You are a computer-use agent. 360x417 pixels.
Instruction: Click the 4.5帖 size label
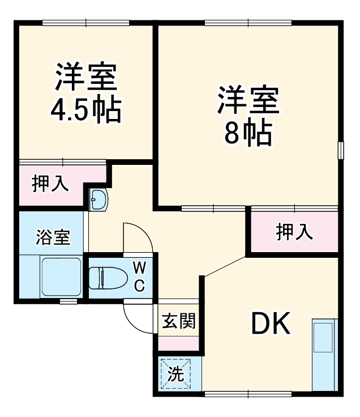pyautogui.click(x=86, y=111)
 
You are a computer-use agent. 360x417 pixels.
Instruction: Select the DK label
pyautogui.click(x=271, y=324)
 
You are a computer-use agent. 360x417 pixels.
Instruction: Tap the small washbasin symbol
pyautogui.click(x=98, y=199)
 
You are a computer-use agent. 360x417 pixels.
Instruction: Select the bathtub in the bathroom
pyautogui.click(x=61, y=276)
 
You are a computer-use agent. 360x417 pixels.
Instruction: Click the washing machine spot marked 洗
pyautogui.click(x=176, y=373)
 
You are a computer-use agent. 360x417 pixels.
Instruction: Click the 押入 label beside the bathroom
pyautogui.click(x=50, y=184)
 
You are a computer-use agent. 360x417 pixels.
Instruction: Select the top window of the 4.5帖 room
pyautogui.click(x=86, y=23)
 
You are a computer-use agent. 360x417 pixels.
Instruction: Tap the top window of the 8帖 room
pyautogui.click(x=248, y=23)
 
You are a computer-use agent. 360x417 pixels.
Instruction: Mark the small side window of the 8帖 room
pyautogui.click(x=341, y=150)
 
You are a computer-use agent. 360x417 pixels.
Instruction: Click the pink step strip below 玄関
pyautogui.click(x=179, y=343)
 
